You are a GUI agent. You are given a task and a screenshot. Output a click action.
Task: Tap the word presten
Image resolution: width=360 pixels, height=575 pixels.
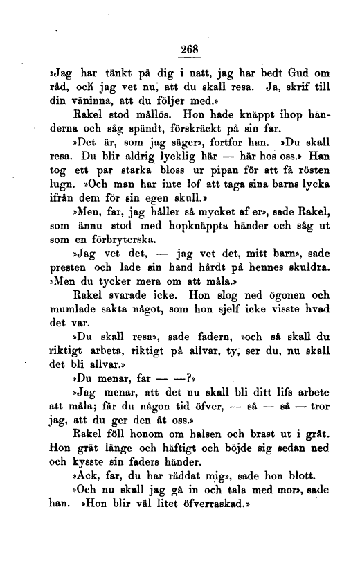[69, 263]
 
